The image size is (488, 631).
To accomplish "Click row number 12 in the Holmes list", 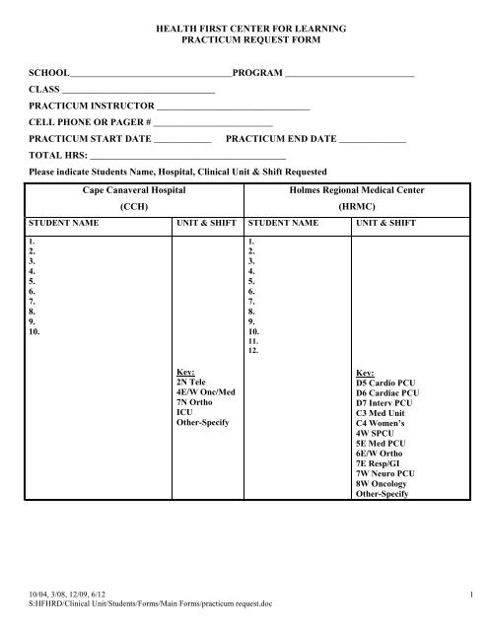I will pos(254,351).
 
